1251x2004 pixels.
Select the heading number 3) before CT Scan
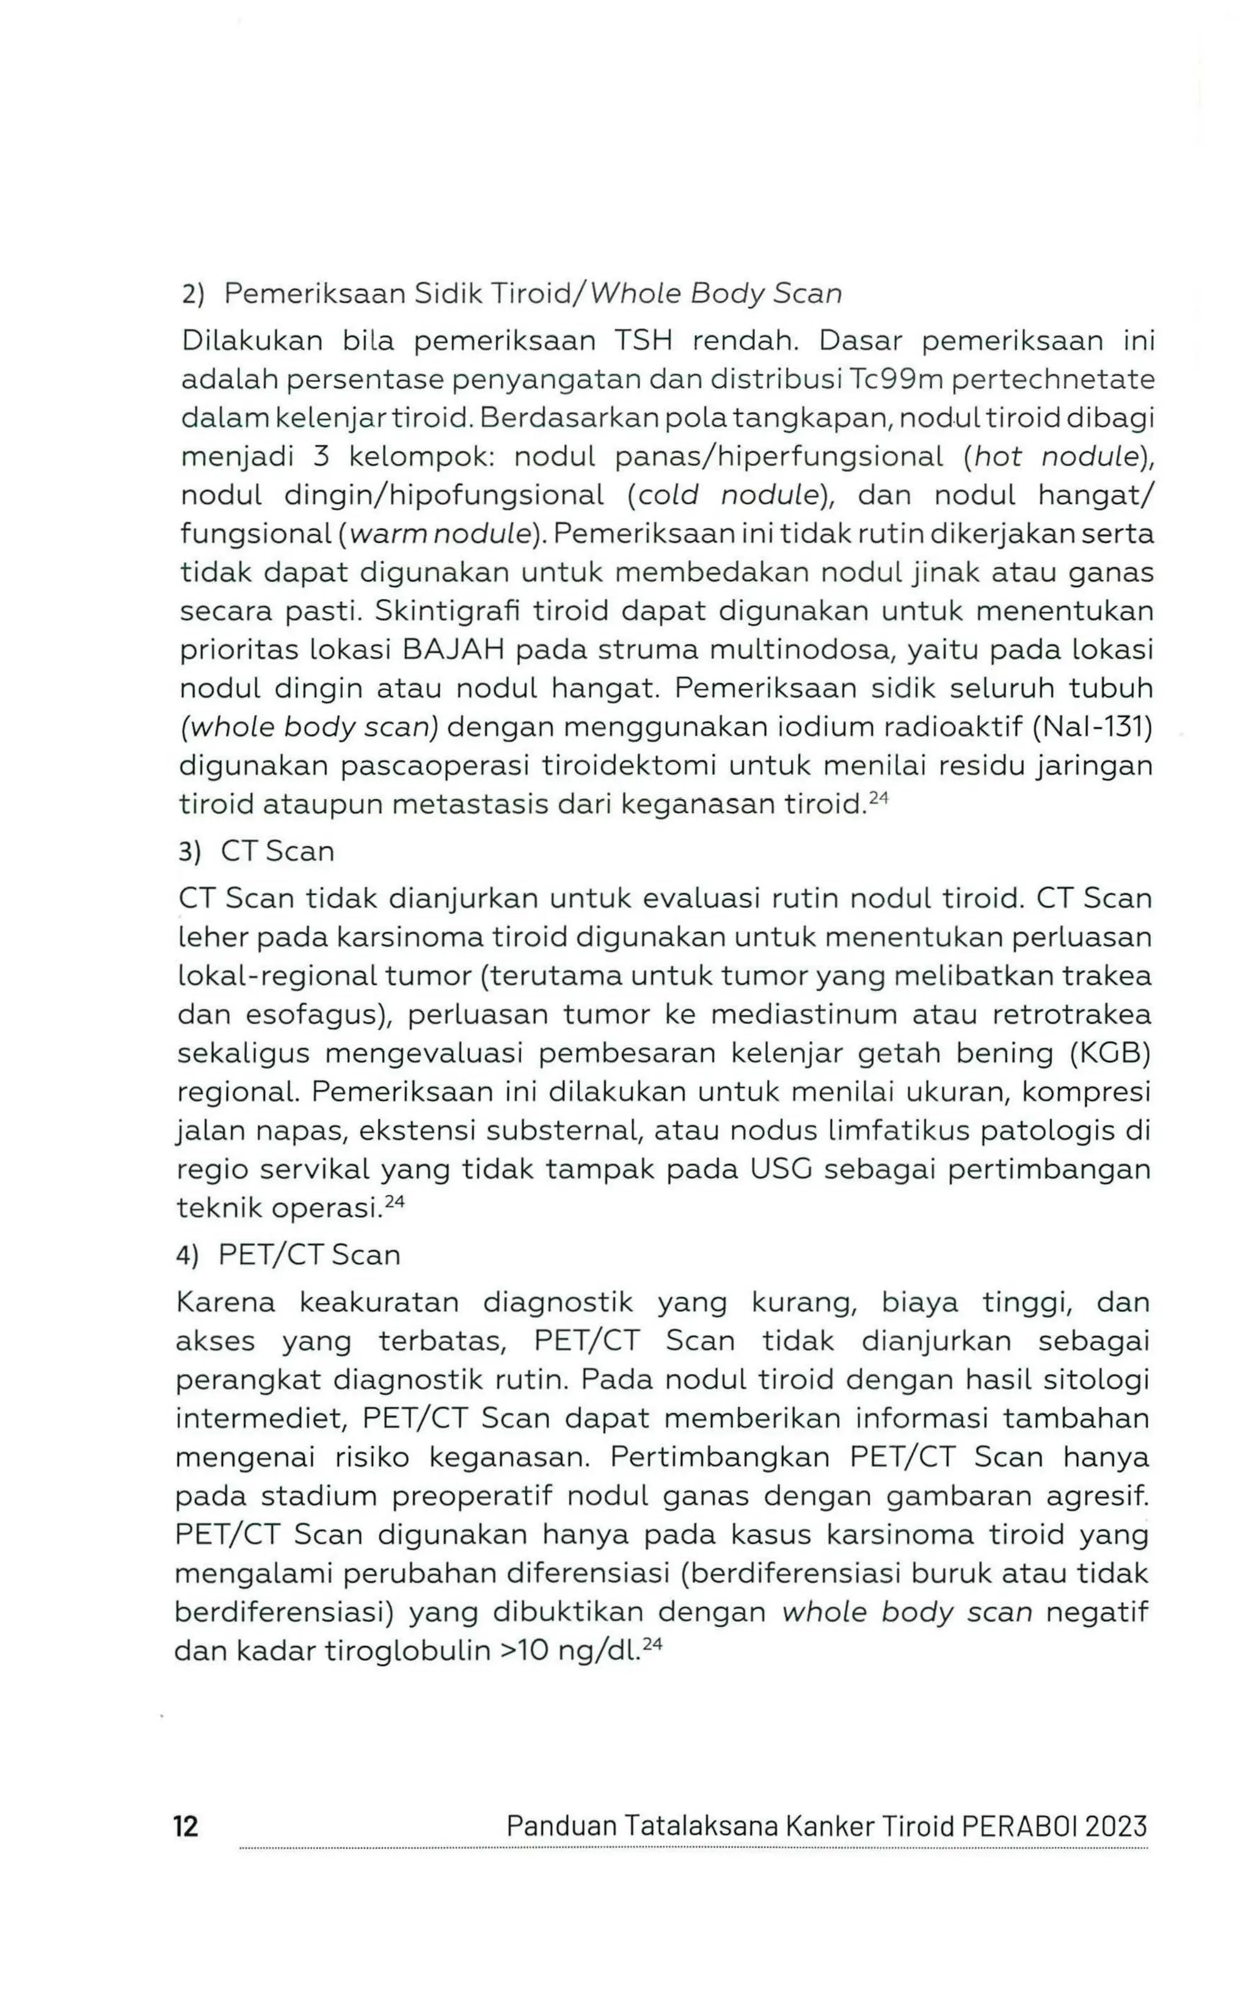pos(191,852)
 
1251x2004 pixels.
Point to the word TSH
pos(643,341)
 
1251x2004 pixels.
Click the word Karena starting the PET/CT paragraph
pos(225,1303)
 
